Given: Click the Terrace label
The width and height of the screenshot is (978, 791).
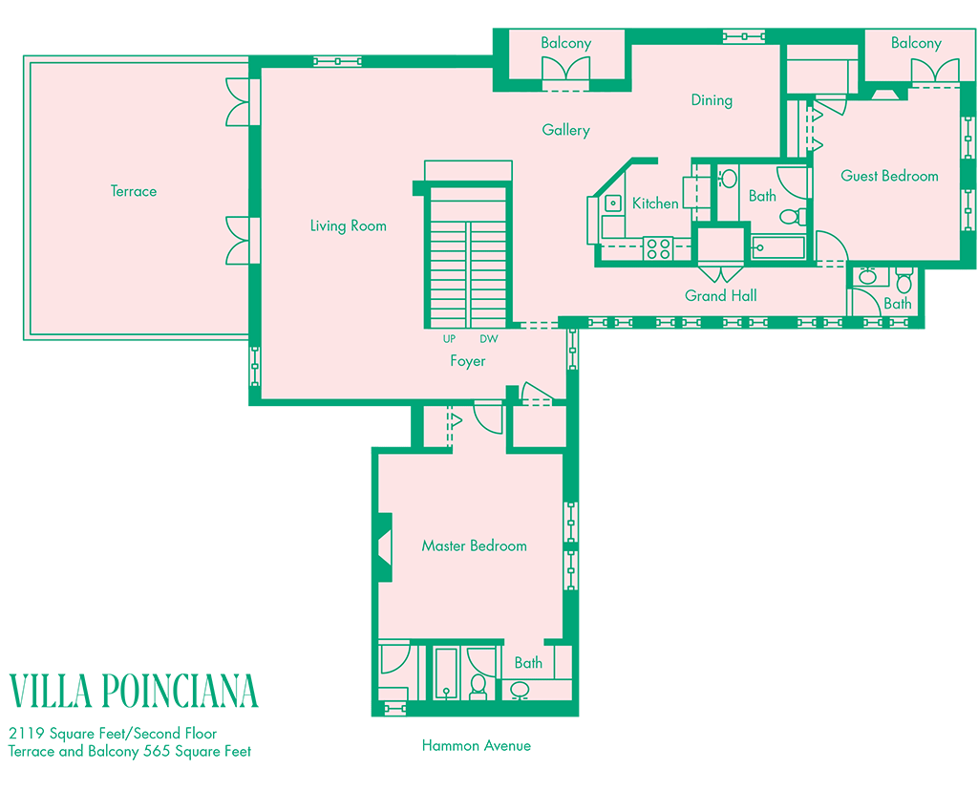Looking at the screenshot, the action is point(134,191).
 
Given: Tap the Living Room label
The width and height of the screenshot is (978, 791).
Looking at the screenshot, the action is point(348,225).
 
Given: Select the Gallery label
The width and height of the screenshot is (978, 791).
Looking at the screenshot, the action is point(565,130).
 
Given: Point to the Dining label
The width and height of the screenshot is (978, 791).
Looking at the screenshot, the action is point(712,100).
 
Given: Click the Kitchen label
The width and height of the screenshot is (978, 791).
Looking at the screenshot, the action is point(655,203).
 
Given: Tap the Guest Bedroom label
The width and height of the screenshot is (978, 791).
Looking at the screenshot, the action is point(889,176).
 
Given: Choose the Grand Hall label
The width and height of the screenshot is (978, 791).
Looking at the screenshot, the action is point(720,296).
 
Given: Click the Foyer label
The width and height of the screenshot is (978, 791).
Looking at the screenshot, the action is point(468,361).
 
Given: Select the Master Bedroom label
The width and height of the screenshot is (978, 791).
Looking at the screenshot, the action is point(474,545).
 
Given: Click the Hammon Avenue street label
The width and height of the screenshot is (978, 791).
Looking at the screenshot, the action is point(477,745).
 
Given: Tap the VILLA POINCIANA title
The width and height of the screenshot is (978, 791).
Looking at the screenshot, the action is point(134,691).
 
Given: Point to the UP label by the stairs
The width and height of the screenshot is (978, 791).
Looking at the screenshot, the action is point(449,339).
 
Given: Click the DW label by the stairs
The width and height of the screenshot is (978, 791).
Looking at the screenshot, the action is point(489,339).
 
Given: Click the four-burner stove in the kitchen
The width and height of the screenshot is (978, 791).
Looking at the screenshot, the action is point(658,248).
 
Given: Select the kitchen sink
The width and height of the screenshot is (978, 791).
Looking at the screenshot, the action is point(613,203).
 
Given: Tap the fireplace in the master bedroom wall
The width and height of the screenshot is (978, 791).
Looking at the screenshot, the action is point(385,547).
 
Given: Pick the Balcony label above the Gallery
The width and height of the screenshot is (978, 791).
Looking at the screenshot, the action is point(565,43).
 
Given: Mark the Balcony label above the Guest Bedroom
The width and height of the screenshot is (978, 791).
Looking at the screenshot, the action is point(916,43).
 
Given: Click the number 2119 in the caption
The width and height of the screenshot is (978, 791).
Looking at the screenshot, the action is point(26,733).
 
